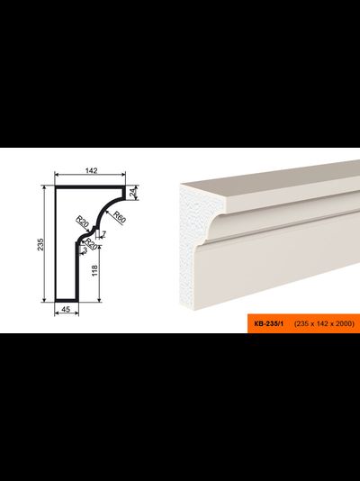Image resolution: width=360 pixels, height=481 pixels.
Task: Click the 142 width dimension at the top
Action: click(91, 170)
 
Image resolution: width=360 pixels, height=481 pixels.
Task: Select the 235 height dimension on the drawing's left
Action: click(40, 244)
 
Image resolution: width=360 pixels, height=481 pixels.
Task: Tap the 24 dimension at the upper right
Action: click(132, 193)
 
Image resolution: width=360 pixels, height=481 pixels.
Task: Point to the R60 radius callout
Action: click(120, 216)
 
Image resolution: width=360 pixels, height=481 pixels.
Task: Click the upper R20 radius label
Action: click(82, 222)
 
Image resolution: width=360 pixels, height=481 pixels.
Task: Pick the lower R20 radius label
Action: click(91, 244)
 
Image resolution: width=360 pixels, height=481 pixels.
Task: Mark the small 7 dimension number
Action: click(103, 234)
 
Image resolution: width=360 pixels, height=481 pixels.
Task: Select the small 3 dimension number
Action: click(85, 250)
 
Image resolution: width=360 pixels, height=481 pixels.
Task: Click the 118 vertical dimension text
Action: click(94, 270)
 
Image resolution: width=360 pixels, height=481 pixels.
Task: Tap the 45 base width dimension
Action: click(66, 310)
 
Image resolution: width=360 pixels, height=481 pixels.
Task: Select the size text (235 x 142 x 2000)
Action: click(324, 323)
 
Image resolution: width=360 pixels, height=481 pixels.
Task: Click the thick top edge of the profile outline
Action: click(90, 186)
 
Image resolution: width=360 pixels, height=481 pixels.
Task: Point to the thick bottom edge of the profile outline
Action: click(67, 301)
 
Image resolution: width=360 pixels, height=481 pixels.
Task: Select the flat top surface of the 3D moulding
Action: click(270, 179)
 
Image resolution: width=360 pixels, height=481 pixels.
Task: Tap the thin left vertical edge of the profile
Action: click(56, 244)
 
